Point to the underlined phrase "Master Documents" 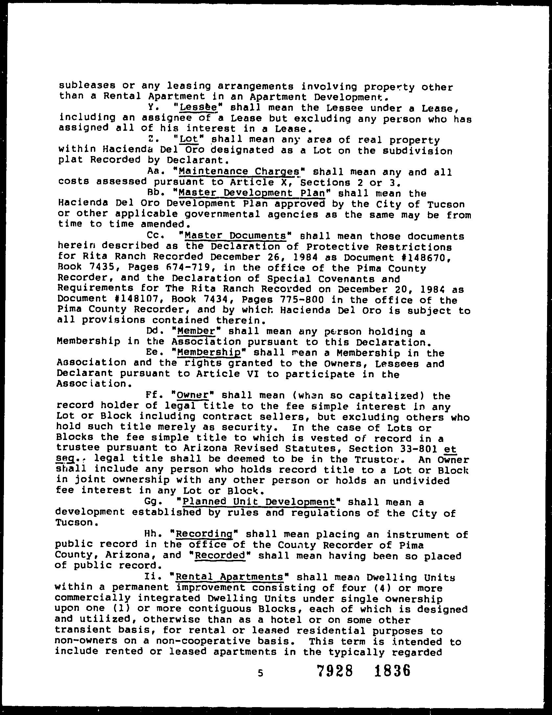click(x=236, y=236)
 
